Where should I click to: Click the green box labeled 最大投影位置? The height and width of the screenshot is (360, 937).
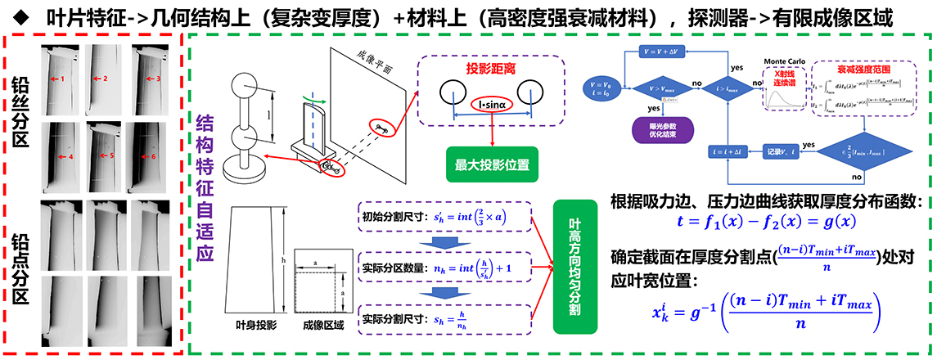490,165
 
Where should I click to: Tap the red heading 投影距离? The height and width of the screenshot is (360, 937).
490,67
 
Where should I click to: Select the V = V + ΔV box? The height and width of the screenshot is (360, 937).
669,50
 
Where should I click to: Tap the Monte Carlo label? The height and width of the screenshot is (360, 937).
786,62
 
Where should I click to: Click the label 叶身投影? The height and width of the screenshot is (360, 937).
255,325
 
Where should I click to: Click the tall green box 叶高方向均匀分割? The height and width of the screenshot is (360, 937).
573,266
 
